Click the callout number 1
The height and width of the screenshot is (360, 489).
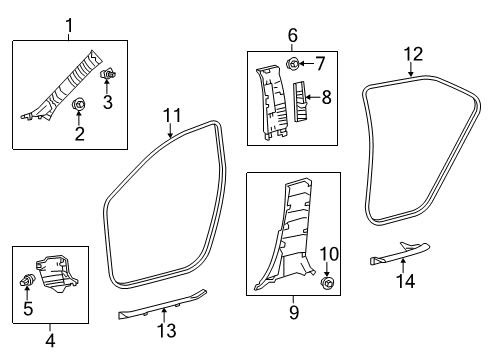69,24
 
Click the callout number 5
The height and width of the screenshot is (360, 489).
28,309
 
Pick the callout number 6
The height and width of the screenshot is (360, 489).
294,35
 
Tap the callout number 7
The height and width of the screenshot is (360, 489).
320,64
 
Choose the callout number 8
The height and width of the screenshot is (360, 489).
325,97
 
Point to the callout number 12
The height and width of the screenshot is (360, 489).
413,53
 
